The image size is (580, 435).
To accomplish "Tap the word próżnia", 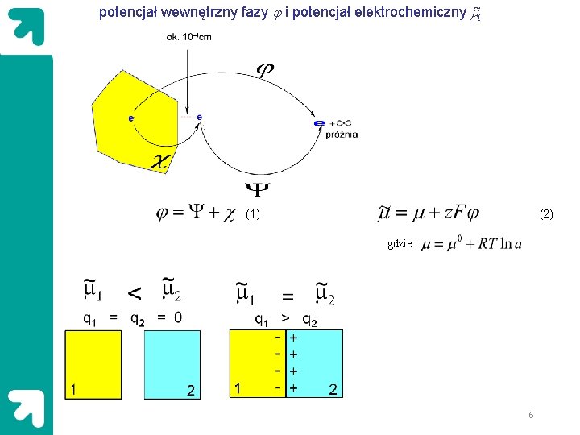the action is (x=342, y=135).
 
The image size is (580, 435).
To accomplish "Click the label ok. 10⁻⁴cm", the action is (x=189, y=37).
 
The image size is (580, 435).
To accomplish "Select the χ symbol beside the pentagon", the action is (x=161, y=164).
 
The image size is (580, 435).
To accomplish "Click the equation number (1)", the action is (x=253, y=214).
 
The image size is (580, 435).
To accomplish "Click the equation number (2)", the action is (x=546, y=214).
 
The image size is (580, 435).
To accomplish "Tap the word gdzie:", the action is (x=400, y=242).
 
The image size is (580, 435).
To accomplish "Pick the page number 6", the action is (x=531, y=415).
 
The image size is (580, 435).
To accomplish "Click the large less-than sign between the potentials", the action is (x=136, y=292).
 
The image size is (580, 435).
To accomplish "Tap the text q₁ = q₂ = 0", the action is (x=133, y=318).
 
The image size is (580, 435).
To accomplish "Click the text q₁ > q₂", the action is (x=286, y=320).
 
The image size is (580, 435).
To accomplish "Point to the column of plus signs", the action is (x=292, y=363).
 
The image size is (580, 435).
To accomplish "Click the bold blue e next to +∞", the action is (x=320, y=123).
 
